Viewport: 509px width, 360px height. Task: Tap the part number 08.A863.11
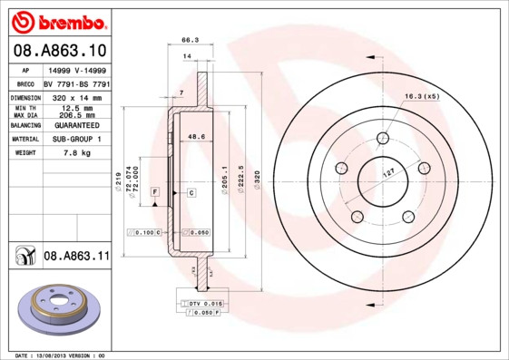tap(76, 257)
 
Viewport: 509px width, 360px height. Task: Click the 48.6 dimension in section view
tap(193, 136)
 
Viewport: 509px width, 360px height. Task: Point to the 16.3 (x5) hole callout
tap(421, 96)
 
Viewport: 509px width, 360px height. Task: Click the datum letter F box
tap(155, 193)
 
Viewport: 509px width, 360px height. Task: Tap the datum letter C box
tap(191, 193)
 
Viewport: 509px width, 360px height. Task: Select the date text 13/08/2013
tap(55, 355)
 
